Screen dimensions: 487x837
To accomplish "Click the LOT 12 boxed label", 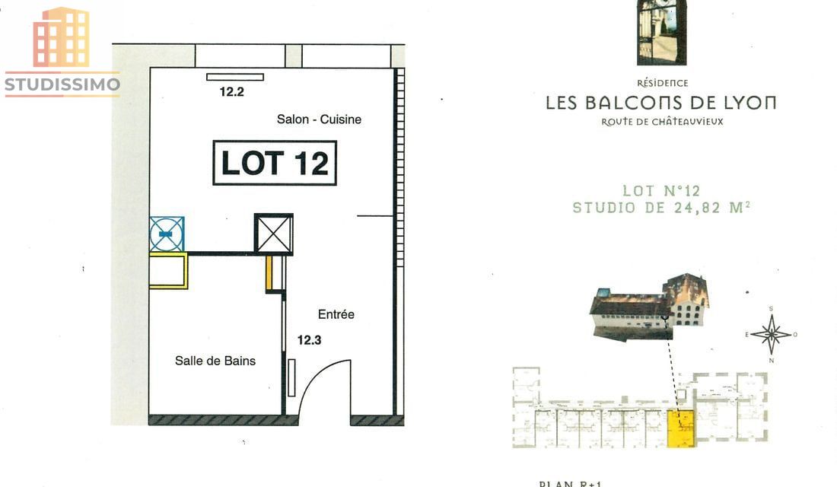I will (x=274, y=163).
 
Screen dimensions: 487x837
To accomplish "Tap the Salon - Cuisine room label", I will (x=319, y=119).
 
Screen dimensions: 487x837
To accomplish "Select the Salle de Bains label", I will (x=215, y=361).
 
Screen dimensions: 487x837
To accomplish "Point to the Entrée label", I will (x=336, y=314).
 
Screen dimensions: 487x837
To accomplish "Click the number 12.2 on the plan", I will (x=232, y=92).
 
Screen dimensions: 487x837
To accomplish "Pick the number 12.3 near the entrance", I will (x=309, y=340).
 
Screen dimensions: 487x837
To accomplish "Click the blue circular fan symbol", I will (x=167, y=234).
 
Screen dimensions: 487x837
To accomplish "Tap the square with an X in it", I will (x=274, y=234).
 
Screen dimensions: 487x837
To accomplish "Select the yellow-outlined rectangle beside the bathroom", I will (x=168, y=271).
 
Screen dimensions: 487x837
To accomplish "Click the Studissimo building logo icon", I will (x=61, y=37).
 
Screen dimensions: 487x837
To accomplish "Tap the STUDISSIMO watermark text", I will (x=62, y=84).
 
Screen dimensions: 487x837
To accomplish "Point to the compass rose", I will (x=772, y=334).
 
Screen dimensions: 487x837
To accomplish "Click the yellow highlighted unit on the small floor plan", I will (x=681, y=428).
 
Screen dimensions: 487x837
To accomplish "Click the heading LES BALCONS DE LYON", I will (x=660, y=103).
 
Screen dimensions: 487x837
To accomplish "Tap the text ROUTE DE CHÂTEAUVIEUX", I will (x=662, y=122).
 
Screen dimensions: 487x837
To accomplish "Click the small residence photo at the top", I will (x=661, y=32).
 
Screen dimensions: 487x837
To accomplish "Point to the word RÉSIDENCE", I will (x=661, y=83).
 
